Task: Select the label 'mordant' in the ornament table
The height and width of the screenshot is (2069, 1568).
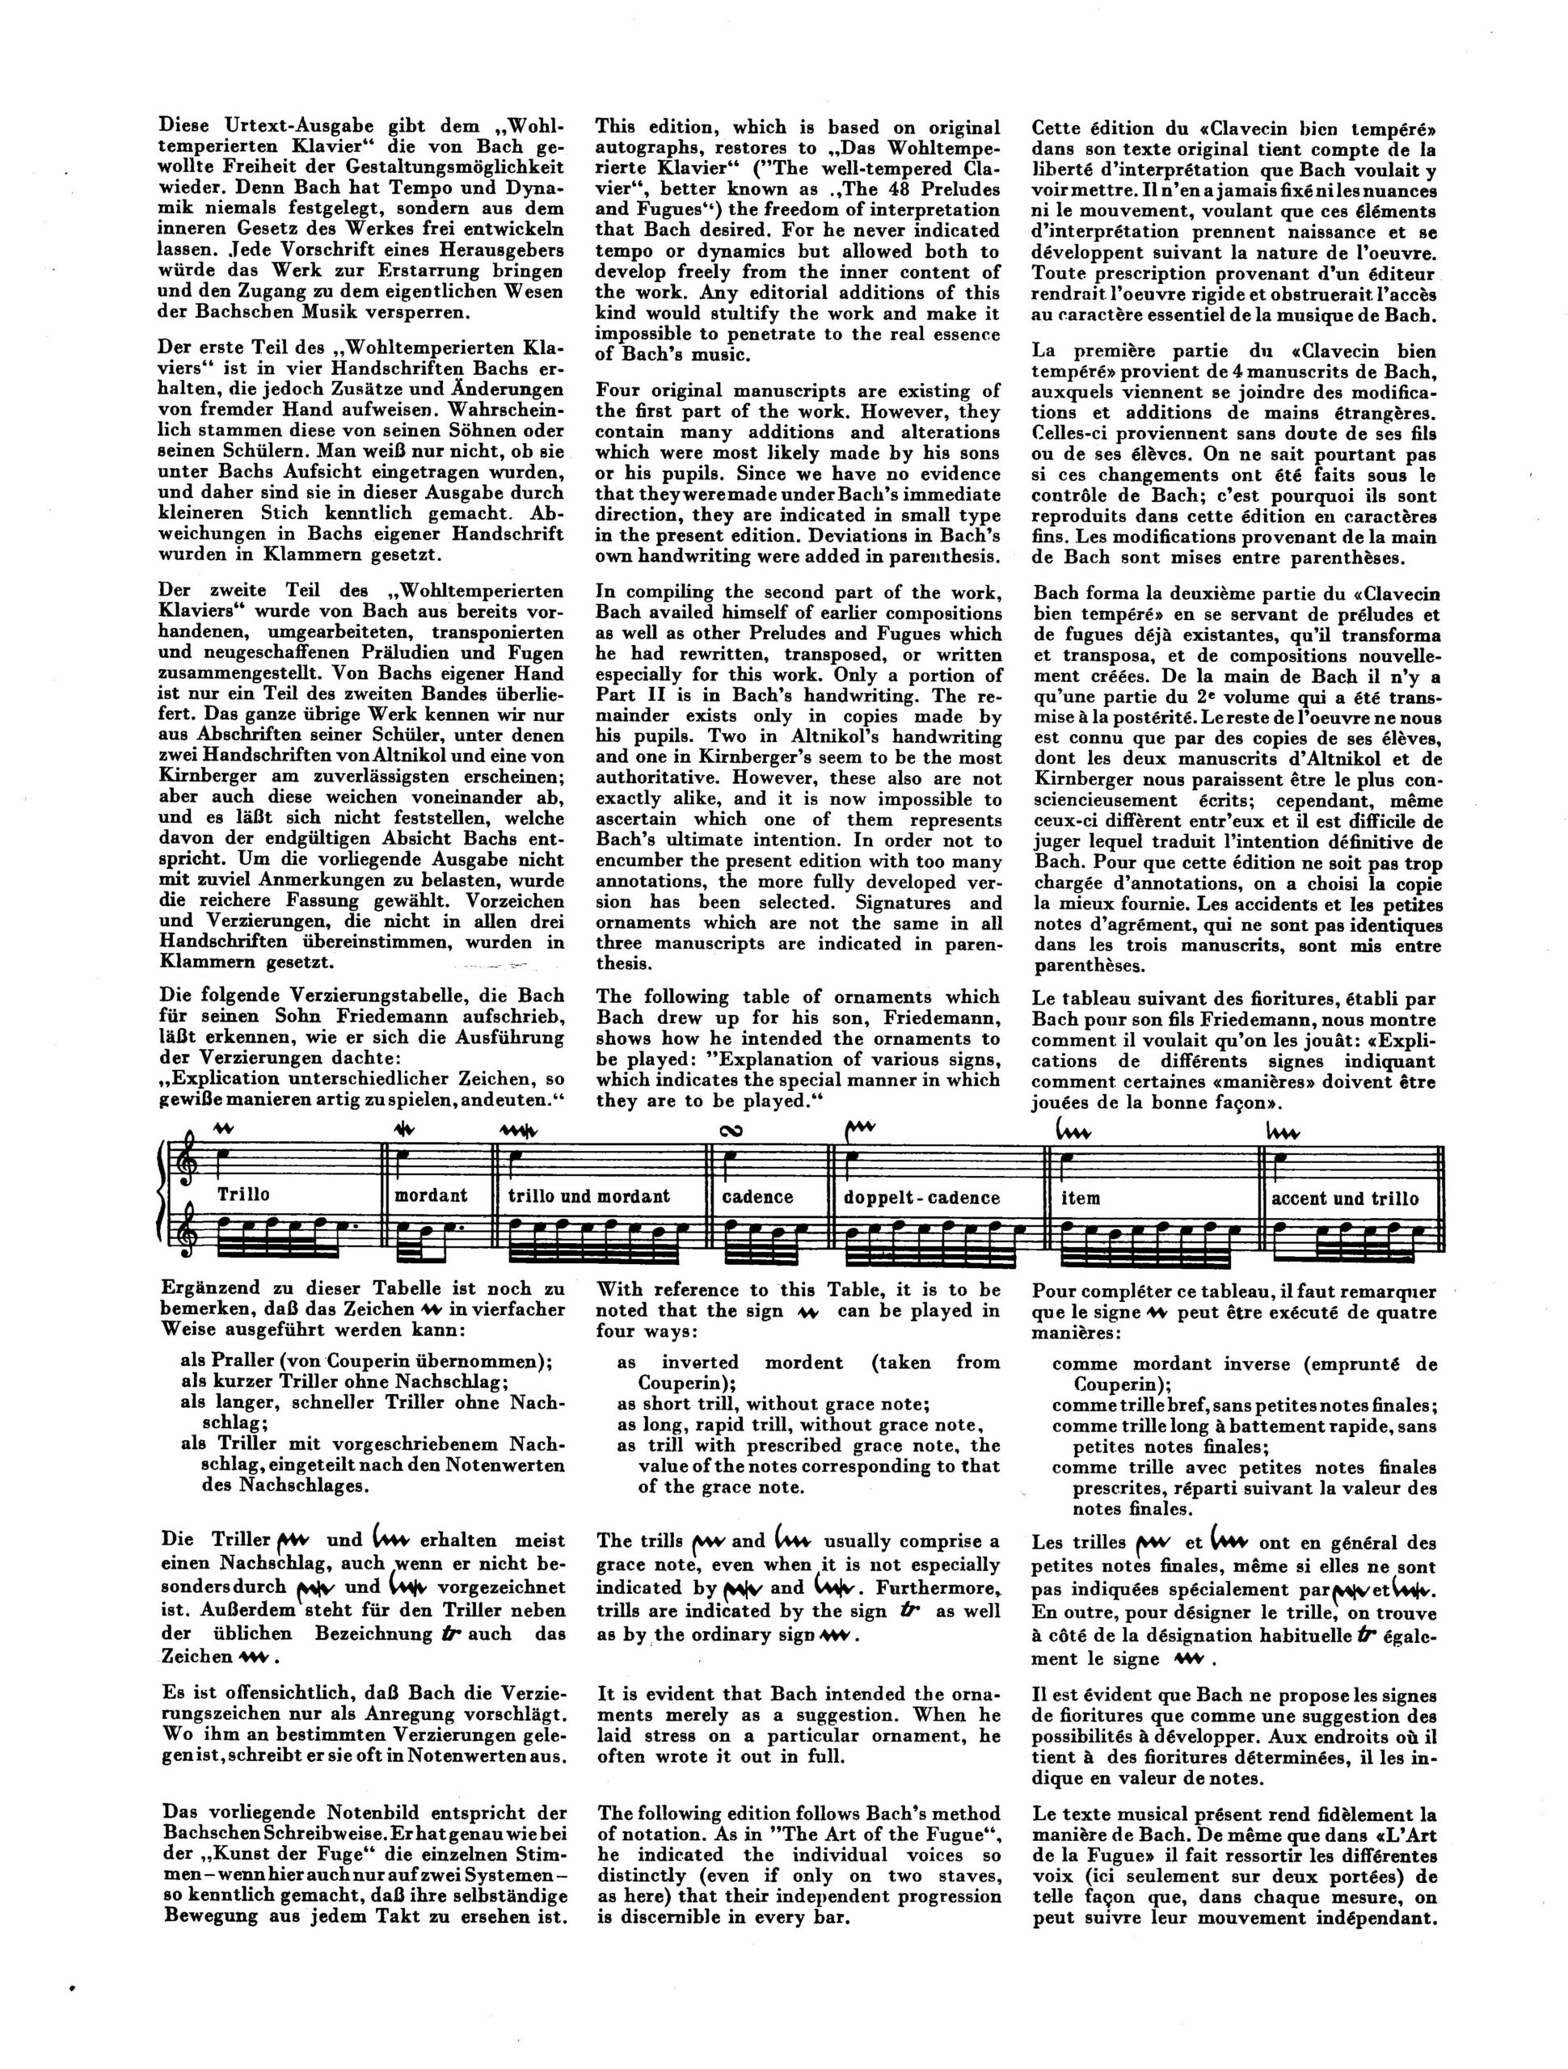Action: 430,1195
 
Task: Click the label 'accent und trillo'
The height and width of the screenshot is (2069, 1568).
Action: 1344,1199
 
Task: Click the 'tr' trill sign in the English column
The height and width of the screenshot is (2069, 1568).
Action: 904,1611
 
